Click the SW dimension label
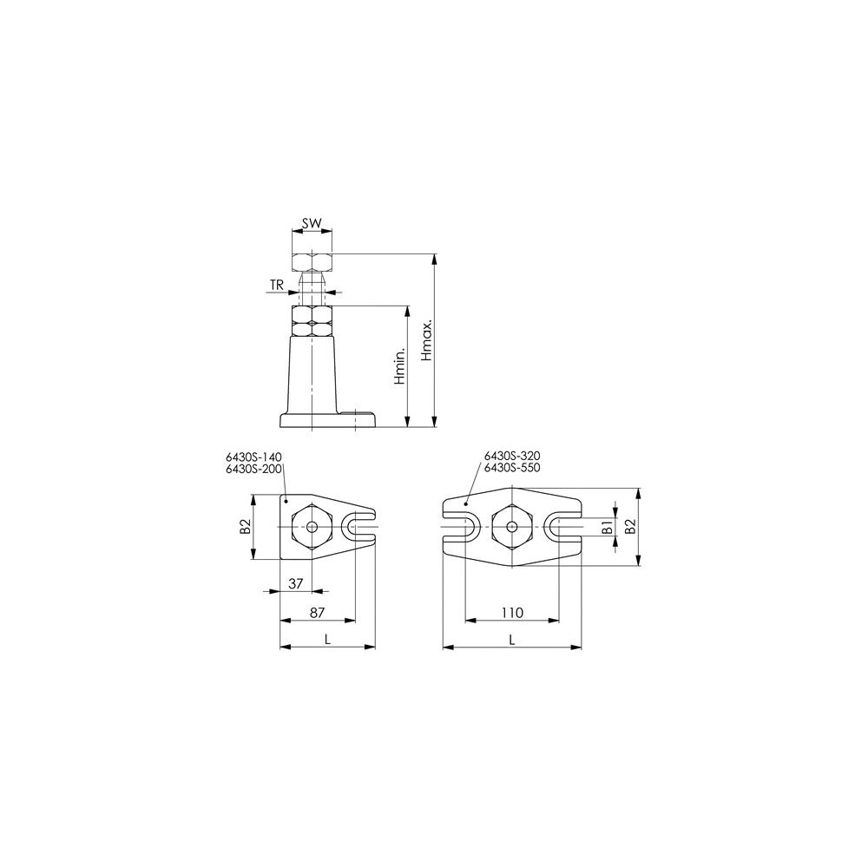[x=312, y=224]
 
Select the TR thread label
[x=277, y=285]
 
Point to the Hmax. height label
[x=427, y=341]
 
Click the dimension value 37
[x=296, y=583]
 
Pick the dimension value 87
[x=317, y=612]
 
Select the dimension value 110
[x=512, y=612]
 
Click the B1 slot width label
[x=608, y=527]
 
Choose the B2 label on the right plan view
[x=630, y=527]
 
